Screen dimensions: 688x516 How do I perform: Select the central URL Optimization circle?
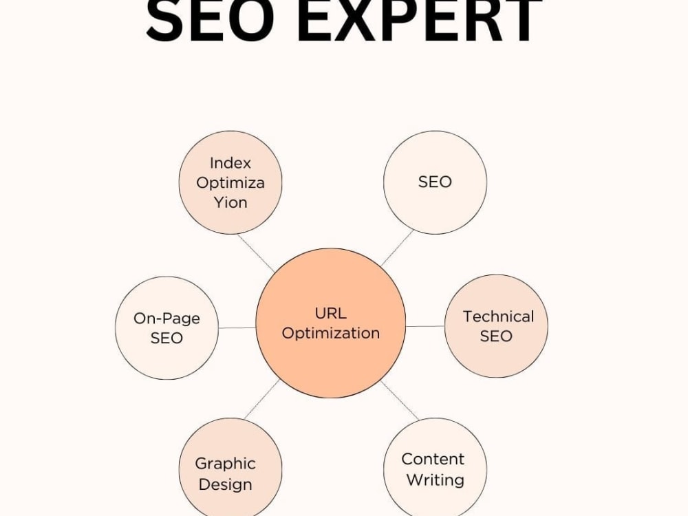pos(331,323)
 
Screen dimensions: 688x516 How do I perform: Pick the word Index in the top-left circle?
pos(230,163)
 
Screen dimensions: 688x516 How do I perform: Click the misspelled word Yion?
pos(230,202)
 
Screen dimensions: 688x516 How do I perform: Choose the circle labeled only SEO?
pos(435,182)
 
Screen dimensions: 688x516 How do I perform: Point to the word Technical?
pos(498,316)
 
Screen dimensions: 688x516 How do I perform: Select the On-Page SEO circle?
pos(166,327)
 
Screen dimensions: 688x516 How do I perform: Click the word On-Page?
pos(166,319)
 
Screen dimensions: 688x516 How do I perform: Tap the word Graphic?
pos(226,464)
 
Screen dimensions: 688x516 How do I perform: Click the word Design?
pos(226,484)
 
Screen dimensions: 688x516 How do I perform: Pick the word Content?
pos(433,459)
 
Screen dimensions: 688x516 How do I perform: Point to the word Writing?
pos(436,480)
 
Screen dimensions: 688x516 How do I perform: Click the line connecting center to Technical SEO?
pos(425,326)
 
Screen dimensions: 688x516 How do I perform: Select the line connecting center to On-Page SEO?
pos(237,327)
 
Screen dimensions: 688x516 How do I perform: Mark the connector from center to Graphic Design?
pos(262,399)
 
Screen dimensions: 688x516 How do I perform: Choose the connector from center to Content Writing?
pos(400,400)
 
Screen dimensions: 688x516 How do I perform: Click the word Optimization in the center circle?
pos(331,334)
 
